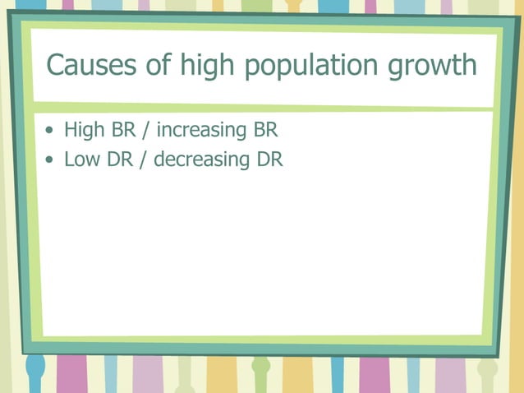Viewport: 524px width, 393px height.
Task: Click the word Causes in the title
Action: click(x=84, y=64)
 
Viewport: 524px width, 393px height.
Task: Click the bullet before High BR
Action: click(x=53, y=131)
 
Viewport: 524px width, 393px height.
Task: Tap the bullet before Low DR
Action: click(x=53, y=160)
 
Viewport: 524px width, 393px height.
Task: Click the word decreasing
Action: click(x=202, y=160)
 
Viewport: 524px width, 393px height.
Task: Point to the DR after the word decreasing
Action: click(x=269, y=160)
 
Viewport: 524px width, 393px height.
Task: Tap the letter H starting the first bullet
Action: click(x=70, y=130)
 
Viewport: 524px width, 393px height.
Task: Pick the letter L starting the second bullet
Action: click(x=68, y=160)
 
